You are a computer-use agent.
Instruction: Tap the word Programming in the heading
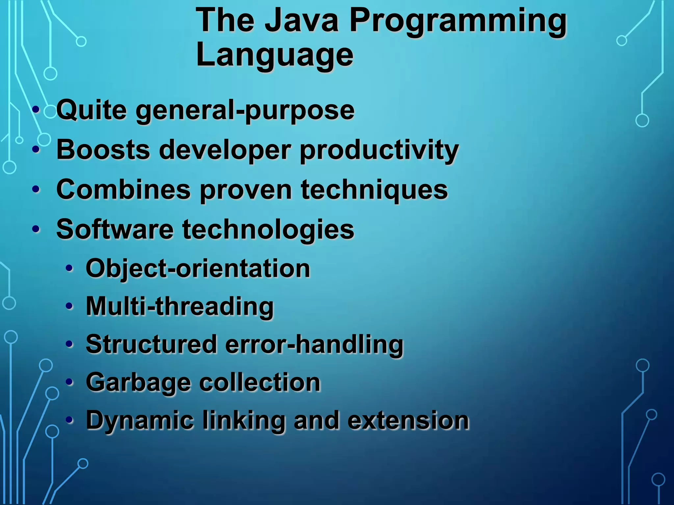click(x=458, y=22)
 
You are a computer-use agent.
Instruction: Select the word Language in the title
click(x=274, y=55)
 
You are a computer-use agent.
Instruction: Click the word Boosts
click(x=103, y=150)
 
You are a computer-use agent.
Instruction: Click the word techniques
click(x=374, y=190)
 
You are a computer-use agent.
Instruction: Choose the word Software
click(x=115, y=229)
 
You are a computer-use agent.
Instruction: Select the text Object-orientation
click(x=198, y=269)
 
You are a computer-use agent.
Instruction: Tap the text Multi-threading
click(x=180, y=307)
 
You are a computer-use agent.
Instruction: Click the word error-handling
click(x=314, y=345)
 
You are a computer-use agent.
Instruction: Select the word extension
click(x=408, y=421)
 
